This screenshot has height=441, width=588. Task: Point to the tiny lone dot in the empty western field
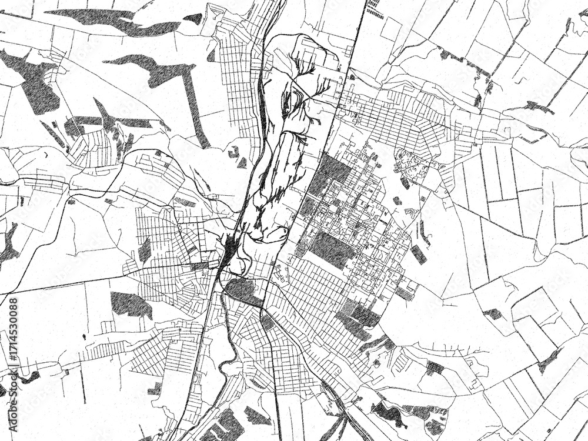[x=83, y=336]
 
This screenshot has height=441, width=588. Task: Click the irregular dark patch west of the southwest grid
[x=131, y=304]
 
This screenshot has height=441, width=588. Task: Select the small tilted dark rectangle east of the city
[x=419, y=254]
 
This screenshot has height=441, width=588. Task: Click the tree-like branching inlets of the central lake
[x=306, y=88]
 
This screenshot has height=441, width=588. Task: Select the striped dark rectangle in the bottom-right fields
[x=435, y=368]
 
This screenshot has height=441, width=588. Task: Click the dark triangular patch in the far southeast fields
[x=549, y=359]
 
